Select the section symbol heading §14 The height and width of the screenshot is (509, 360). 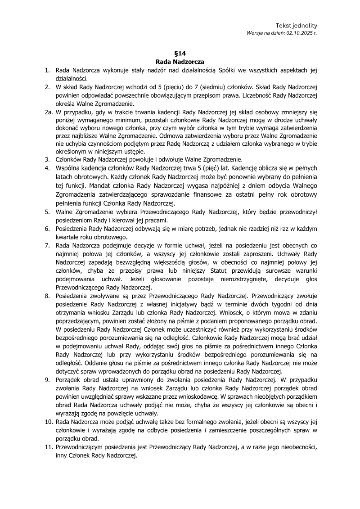pyautogui.click(x=180, y=53)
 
